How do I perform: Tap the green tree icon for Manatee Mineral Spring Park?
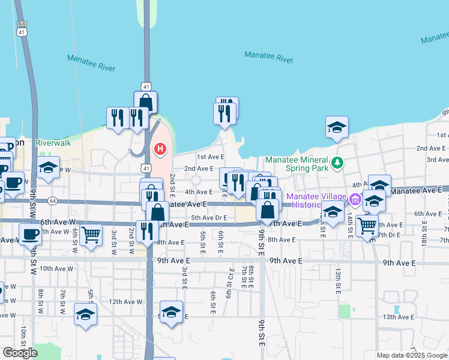click(337, 161)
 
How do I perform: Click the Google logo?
click(20, 353)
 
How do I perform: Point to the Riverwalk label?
click(53, 143)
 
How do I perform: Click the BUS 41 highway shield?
click(22, 29)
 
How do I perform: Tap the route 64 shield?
click(53, 200)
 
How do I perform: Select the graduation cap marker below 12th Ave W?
click(85, 313)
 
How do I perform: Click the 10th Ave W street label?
click(55, 269)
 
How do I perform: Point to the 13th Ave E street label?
click(399, 316)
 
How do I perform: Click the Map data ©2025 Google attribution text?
click(412, 355)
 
